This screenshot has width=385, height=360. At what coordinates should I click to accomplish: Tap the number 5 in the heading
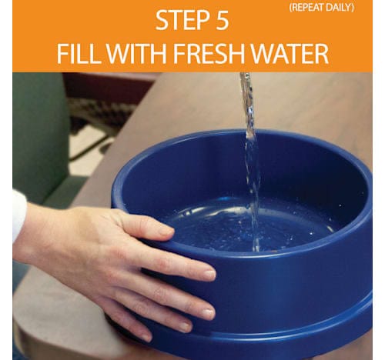(x=220, y=21)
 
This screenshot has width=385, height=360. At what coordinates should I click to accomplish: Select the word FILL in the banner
(x=78, y=54)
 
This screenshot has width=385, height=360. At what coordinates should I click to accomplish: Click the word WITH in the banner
(x=136, y=54)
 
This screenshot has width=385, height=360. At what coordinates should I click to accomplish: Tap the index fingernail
(x=209, y=275)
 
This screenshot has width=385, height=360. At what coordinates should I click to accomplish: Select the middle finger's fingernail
(x=209, y=313)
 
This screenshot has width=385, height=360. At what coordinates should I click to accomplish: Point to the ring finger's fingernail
(x=186, y=327)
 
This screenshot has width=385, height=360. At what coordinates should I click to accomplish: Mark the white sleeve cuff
(x=18, y=215)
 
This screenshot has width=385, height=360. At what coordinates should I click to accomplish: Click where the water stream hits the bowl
(x=256, y=248)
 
